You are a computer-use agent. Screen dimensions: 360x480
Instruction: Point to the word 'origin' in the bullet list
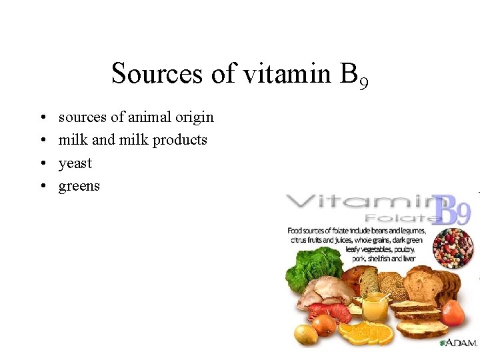point(194,118)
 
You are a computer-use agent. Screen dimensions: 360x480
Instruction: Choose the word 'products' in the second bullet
point(180,140)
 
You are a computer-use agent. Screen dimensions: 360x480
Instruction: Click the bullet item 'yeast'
point(75,163)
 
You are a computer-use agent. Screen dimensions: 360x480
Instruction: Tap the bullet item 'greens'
point(79,186)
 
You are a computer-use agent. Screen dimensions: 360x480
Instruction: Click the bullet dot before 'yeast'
point(41,163)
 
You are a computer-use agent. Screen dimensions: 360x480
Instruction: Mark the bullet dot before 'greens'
point(41,186)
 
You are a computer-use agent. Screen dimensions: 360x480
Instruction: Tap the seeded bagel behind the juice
point(391,283)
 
